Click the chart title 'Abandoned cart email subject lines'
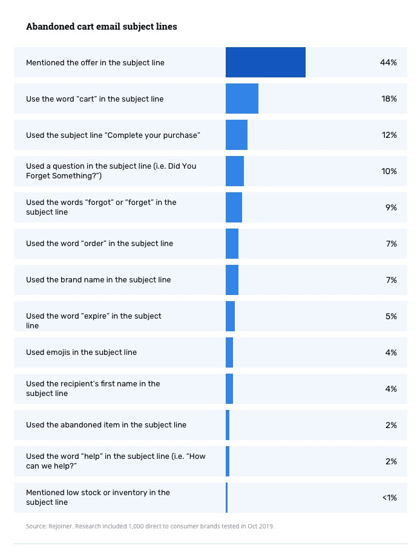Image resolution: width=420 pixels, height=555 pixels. tap(101, 27)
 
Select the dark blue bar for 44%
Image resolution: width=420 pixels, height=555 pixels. tap(265, 62)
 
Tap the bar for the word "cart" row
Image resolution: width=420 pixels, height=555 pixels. tap(242, 99)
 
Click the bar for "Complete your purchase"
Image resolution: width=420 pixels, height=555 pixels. tap(237, 135)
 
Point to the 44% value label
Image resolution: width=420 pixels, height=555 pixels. tap(388, 62)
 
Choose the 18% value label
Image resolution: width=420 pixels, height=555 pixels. tap(389, 99)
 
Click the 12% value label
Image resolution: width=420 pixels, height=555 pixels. tap(389, 135)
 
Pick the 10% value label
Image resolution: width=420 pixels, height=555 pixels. tap(389, 171)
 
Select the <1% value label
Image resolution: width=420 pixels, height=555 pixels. tap(389, 498)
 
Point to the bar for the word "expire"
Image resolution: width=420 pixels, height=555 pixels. tap(230, 316)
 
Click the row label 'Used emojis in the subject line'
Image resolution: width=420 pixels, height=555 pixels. tap(81, 352)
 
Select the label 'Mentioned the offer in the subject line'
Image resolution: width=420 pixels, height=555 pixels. tap(95, 62)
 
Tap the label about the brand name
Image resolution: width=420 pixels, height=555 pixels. tap(98, 280)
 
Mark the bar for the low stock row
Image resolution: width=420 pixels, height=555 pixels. tap(227, 498)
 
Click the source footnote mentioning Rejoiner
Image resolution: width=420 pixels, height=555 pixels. tap(150, 527)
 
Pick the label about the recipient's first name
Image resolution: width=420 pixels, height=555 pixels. tap(93, 389)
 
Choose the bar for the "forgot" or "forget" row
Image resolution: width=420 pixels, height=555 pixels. tap(234, 207)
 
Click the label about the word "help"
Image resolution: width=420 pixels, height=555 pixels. tap(115, 461)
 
